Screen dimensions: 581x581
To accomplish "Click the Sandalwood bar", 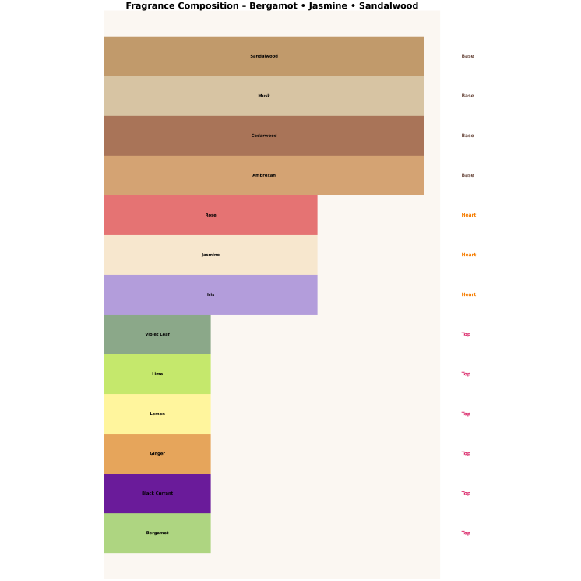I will [264, 56].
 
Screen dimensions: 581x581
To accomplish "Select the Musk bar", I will [264, 96].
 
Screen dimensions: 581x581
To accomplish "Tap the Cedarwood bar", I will [264, 136].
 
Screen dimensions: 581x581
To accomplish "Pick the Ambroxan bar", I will [264, 175].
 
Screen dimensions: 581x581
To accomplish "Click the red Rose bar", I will [210, 215].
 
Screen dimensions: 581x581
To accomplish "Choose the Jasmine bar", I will [210, 255].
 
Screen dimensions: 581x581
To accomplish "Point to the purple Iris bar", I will [210, 294].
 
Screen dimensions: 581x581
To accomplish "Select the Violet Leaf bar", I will [157, 334].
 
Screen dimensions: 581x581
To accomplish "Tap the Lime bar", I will [157, 374].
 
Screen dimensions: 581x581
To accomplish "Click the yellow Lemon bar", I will [157, 414].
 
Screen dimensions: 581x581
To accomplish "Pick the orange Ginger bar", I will [157, 453].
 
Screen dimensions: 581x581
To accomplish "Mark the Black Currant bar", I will [157, 493].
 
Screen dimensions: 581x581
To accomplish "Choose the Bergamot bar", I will [157, 533].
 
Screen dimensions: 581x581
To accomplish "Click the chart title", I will [272, 5].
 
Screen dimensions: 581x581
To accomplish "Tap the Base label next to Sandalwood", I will [467, 56].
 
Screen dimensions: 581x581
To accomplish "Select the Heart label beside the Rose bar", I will [468, 215].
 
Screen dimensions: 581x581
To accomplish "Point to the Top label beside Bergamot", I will [466, 533].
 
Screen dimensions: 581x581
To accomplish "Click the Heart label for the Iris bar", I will [468, 294].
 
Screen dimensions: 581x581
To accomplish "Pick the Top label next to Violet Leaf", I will [466, 334].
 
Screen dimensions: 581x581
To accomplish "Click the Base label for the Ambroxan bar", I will [467, 175].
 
